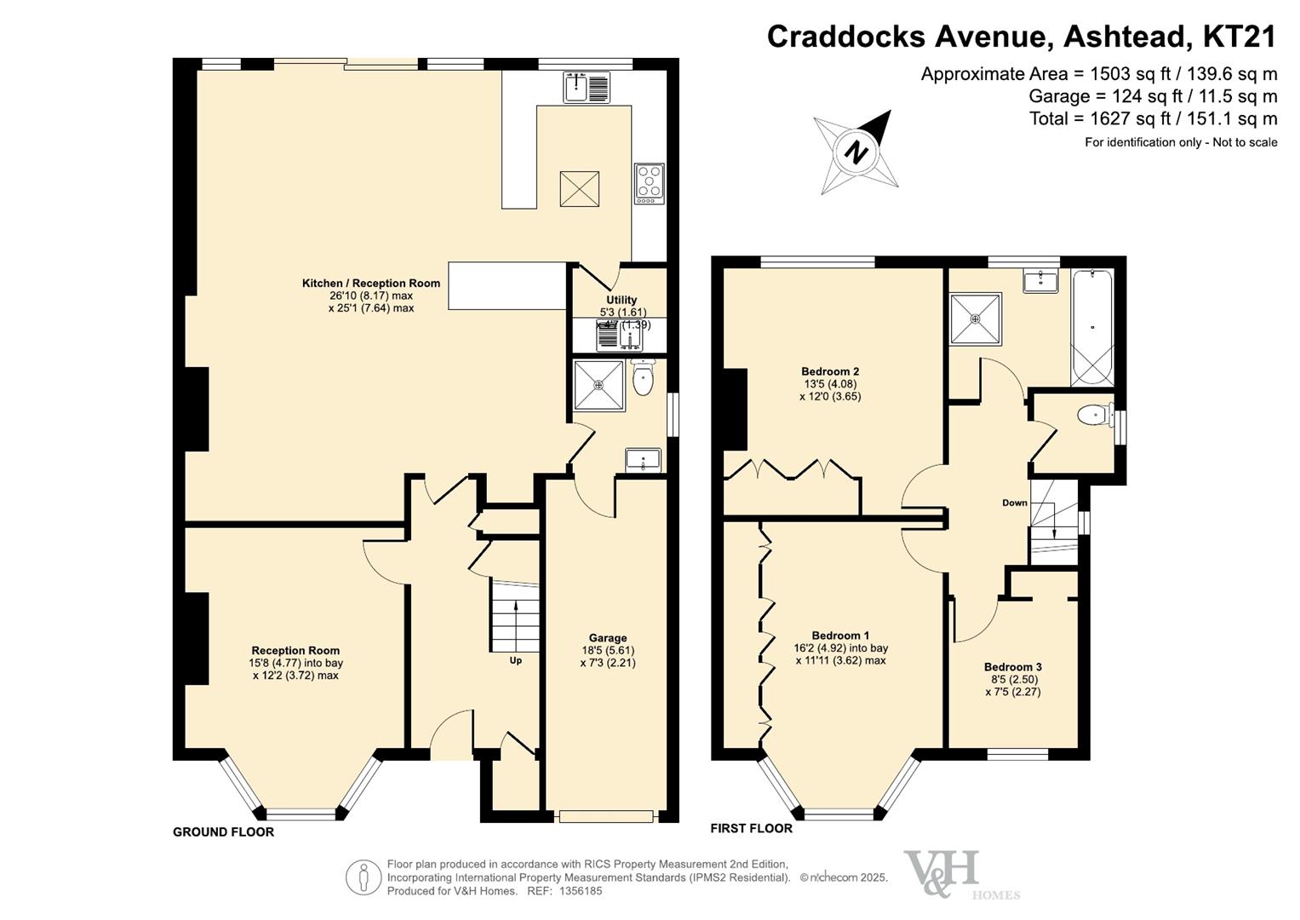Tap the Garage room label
point(608,638)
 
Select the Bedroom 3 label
point(1012,667)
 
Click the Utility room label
point(621,300)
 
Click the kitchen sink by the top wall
point(586,87)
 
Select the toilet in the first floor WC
point(1094,415)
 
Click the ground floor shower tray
point(599,386)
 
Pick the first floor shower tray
point(976,319)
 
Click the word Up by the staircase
point(515,660)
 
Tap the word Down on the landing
point(1014,503)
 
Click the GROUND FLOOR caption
point(223,832)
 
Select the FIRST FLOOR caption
point(751,828)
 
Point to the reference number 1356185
point(580,891)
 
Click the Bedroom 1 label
point(840,635)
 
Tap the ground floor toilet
point(644,379)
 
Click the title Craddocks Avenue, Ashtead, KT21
point(1022,37)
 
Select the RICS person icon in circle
point(364,877)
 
